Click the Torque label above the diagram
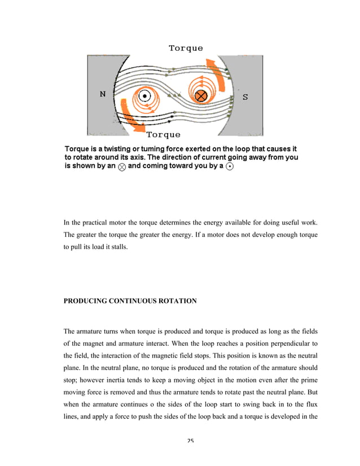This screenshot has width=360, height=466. point(186,48)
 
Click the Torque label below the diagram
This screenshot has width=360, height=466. point(164,135)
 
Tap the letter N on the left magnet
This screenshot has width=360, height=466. point(102,95)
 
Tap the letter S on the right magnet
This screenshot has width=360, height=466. point(245,97)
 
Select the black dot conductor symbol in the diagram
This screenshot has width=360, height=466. point(145,96)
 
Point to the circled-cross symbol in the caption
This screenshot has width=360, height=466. point(122,168)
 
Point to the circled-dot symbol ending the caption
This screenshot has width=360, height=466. point(230,168)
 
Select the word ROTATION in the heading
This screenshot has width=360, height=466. point(178,301)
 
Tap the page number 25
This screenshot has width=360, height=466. point(190,441)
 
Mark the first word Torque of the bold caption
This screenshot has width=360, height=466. point(77,148)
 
